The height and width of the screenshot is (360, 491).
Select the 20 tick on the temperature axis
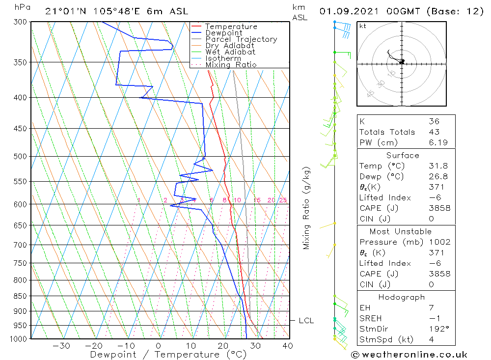point(223,346)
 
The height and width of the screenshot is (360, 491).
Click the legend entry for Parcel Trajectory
point(241,39)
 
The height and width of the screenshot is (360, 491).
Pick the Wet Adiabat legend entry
point(230,52)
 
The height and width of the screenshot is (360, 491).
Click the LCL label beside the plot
point(306,321)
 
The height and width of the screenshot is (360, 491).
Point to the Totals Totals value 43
point(434,132)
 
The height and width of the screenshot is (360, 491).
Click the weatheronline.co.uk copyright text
point(409,354)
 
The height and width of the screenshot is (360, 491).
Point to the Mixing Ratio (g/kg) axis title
point(307,208)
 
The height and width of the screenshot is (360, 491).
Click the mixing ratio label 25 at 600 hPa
point(283,200)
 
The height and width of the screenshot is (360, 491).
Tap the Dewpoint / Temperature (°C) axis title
point(168,354)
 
